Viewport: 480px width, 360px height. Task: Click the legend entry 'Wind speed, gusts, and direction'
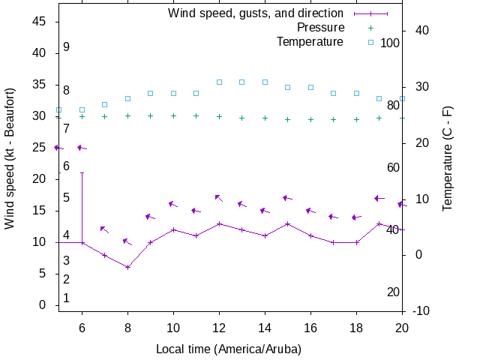tap(255, 13)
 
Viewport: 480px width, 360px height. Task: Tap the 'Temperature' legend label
tap(310, 41)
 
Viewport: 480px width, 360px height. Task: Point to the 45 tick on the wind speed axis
tap(40, 22)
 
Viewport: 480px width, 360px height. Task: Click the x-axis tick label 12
tap(219, 328)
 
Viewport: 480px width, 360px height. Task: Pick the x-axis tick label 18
tap(356, 328)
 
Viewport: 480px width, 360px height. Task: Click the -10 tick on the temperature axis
tap(421, 310)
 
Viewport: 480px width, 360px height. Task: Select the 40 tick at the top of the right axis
tap(421, 31)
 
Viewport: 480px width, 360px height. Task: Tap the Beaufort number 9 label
tap(67, 47)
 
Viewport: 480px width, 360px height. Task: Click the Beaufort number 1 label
tap(67, 298)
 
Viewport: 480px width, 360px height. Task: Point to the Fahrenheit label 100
tap(390, 43)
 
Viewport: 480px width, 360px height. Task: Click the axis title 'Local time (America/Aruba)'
tap(229, 349)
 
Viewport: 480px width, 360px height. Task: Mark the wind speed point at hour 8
tap(128, 267)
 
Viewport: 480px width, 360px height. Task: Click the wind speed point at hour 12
tap(219, 223)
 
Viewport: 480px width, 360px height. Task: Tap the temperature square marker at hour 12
tap(219, 82)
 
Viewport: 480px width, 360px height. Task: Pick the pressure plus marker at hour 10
tap(173, 115)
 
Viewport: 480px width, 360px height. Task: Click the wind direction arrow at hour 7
tap(104, 229)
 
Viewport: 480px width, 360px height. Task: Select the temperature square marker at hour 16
tap(310, 87)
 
